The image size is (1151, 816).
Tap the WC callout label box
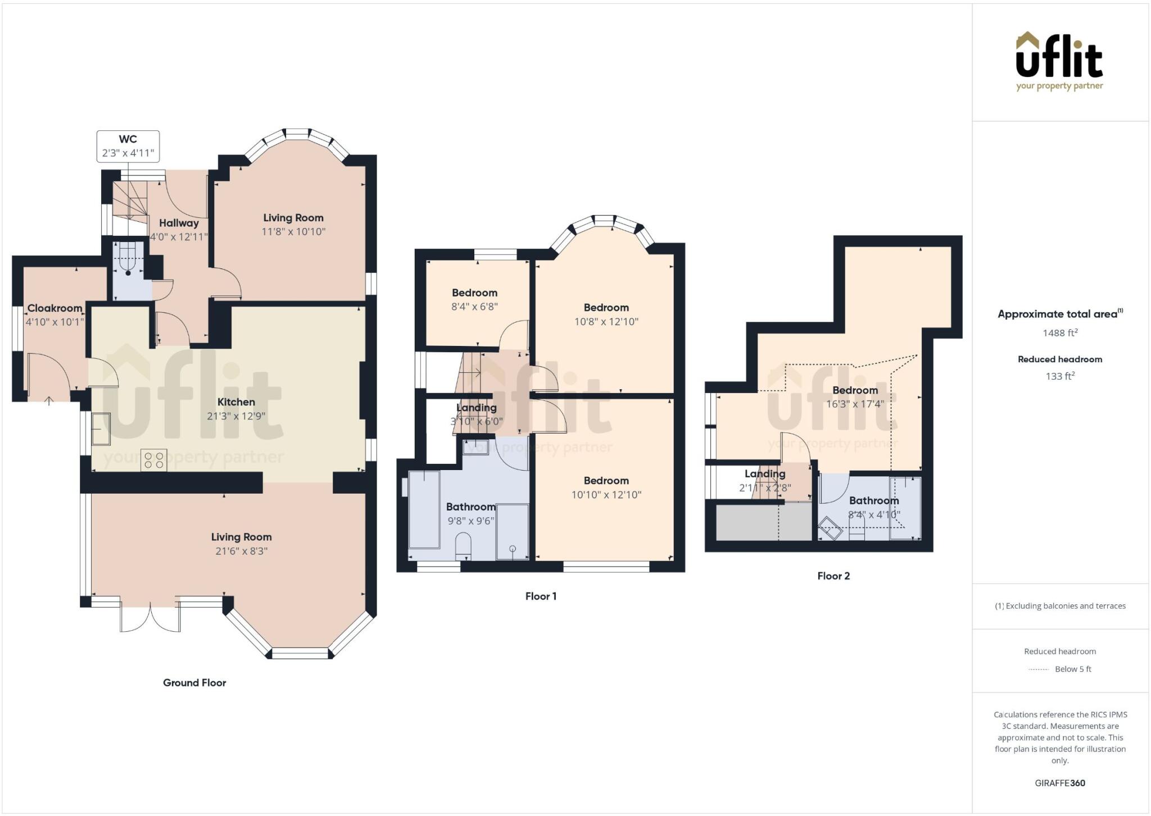[x=128, y=147]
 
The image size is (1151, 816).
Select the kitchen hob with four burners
[x=154, y=461]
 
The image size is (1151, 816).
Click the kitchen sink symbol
[x=101, y=428]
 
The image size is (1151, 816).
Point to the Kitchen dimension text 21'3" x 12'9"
[x=236, y=416]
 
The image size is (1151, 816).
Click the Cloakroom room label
[x=55, y=308]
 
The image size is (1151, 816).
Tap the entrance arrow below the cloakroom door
[x=49, y=401]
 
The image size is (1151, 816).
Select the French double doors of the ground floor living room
[x=151, y=618]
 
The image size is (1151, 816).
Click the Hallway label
[x=179, y=223]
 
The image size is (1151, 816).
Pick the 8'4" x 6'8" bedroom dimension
[x=474, y=307]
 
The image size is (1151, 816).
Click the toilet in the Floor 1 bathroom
[x=463, y=545]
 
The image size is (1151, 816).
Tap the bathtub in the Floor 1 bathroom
[x=424, y=510]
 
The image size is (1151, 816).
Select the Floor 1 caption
[x=541, y=596]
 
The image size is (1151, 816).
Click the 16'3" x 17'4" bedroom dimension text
[x=855, y=404]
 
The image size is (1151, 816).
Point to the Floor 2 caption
[x=833, y=576]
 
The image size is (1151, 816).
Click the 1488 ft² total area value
[x=1060, y=333]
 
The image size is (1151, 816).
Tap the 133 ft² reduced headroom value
[x=1060, y=376]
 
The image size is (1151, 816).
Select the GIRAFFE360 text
[x=1060, y=783]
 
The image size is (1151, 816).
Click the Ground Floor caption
[x=194, y=683]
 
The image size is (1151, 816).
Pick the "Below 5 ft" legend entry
[x=1073, y=669]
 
